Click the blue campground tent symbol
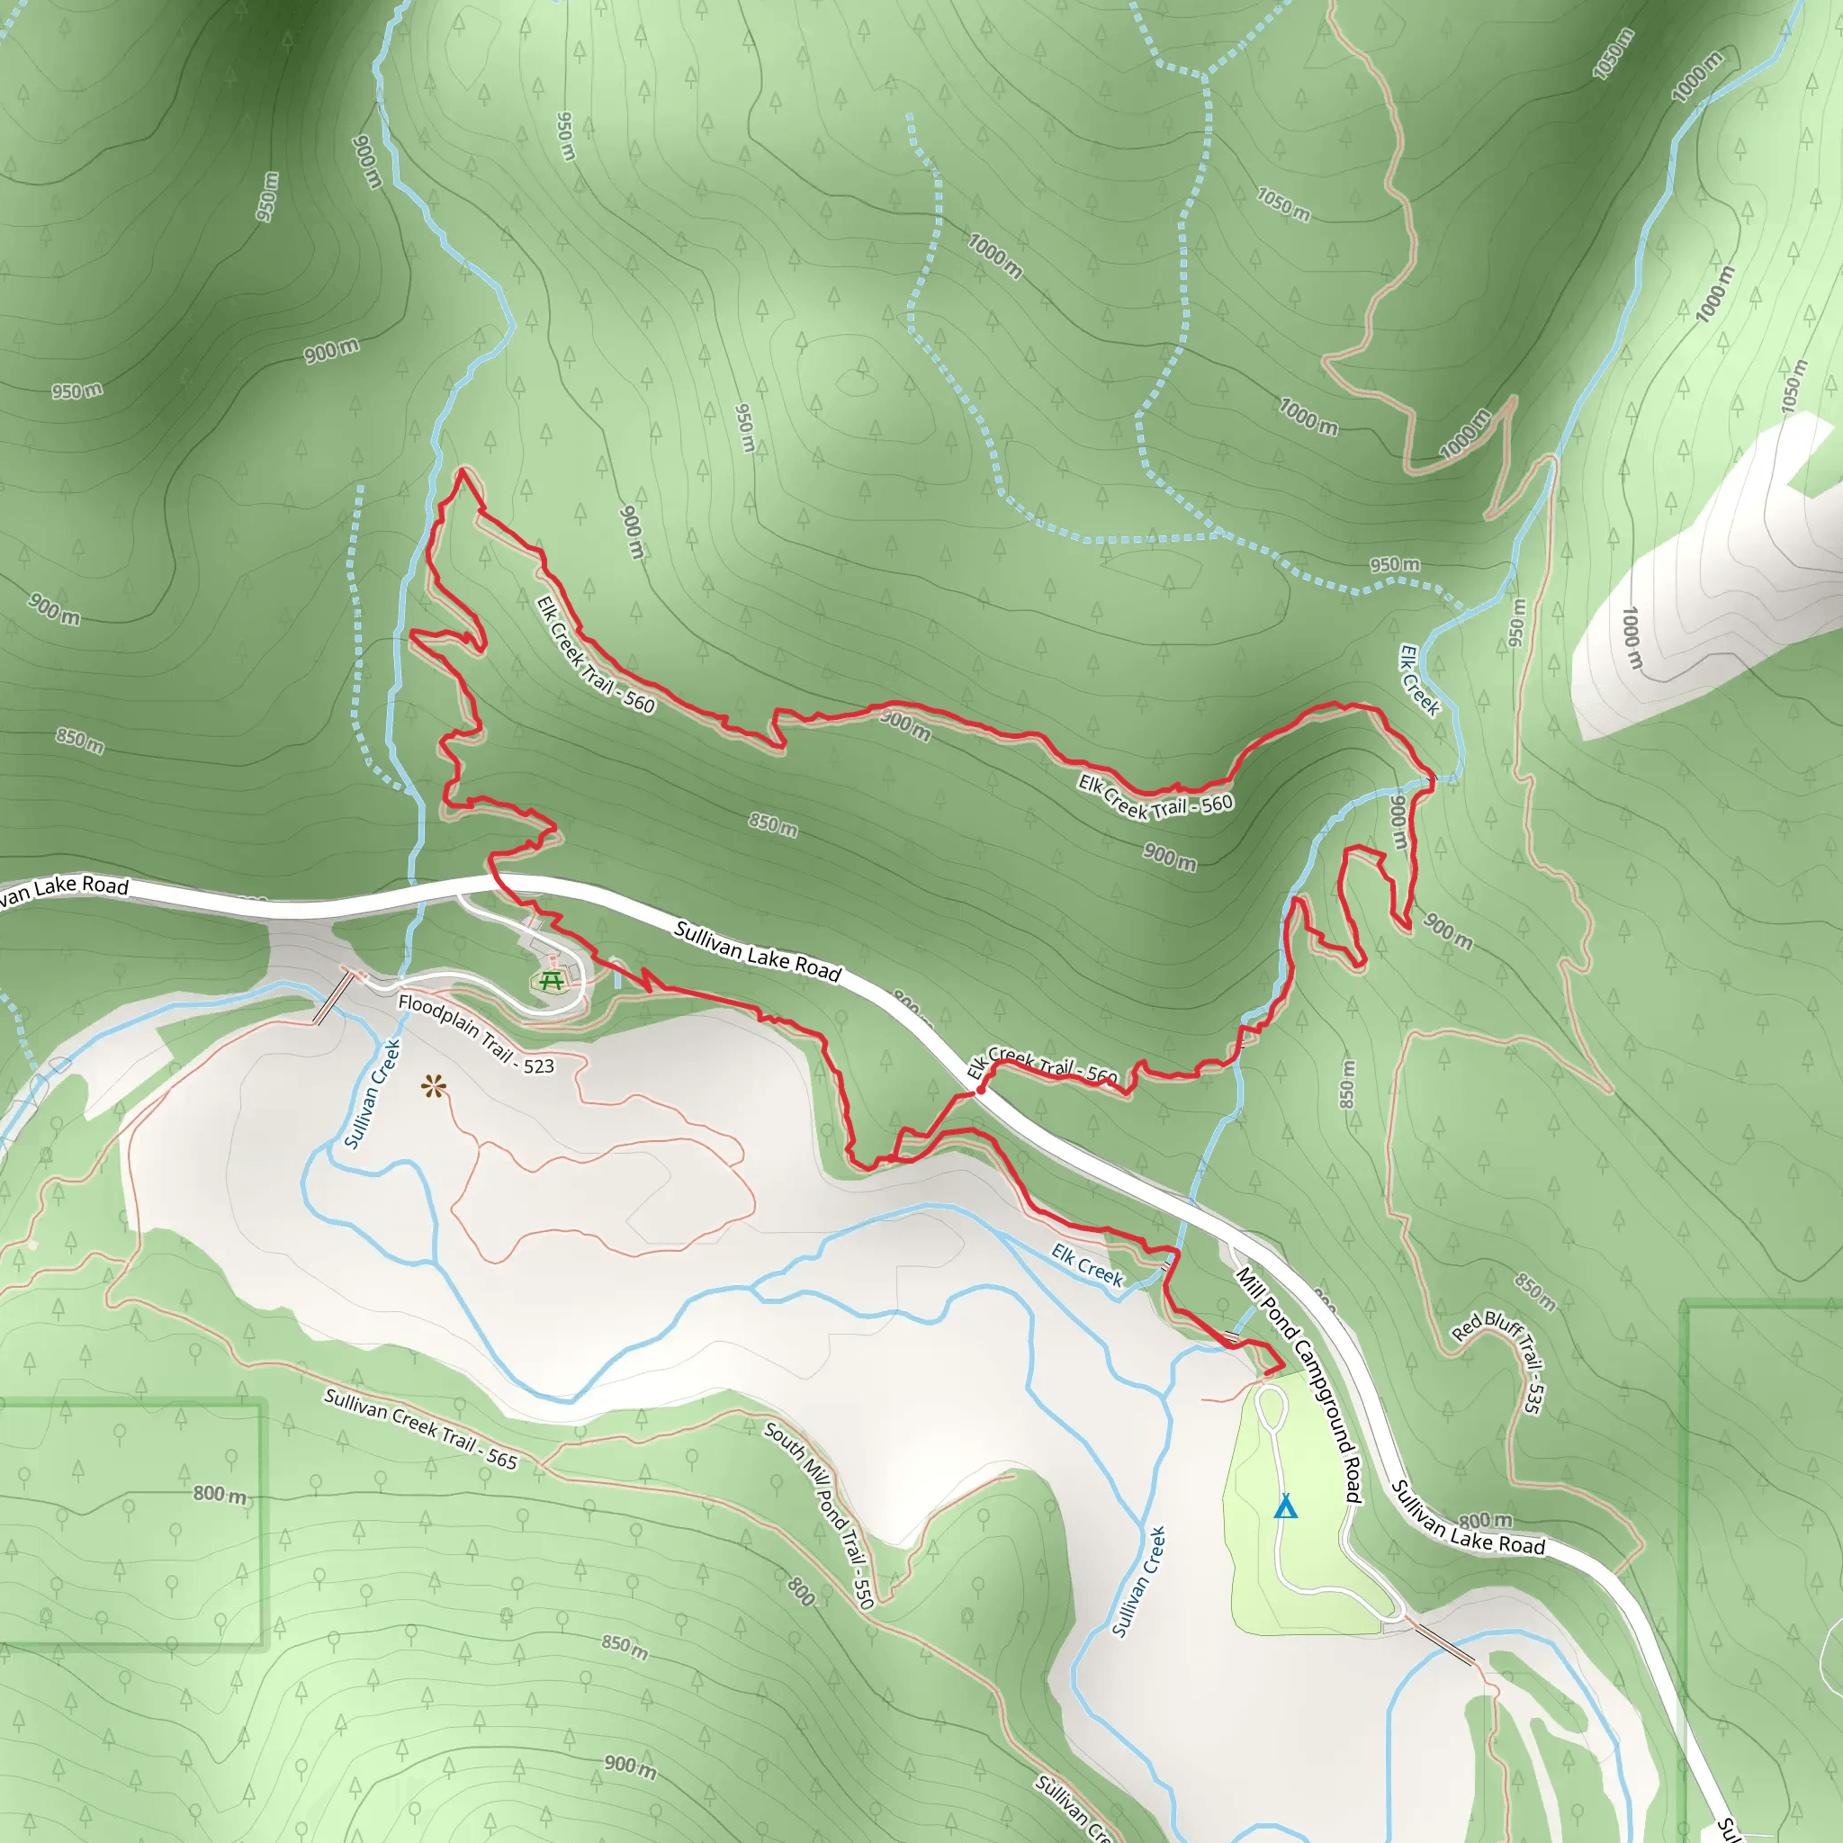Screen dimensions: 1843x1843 click(1285, 1506)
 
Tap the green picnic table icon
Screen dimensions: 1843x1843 click(551, 980)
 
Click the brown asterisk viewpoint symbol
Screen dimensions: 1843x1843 click(434, 1085)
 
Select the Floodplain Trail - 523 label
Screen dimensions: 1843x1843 click(476, 1034)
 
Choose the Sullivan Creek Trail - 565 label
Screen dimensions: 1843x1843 click(420, 1428)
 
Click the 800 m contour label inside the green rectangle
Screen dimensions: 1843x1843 click(220, 1494)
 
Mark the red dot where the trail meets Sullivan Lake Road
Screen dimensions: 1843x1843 click(981, 1089)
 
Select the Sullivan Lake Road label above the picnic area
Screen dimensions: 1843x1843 click(758, 951)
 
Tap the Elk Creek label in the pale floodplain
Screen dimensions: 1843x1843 click(1087, 1265)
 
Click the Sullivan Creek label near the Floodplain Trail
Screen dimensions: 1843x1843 click(372, 1094)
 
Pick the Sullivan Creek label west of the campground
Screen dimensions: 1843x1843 click(1139, 1582)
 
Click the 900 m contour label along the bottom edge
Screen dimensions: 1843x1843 click(631, 1767)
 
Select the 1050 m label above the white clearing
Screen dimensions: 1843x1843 click(1794, 386)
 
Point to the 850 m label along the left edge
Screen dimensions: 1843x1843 click(79, 741)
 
